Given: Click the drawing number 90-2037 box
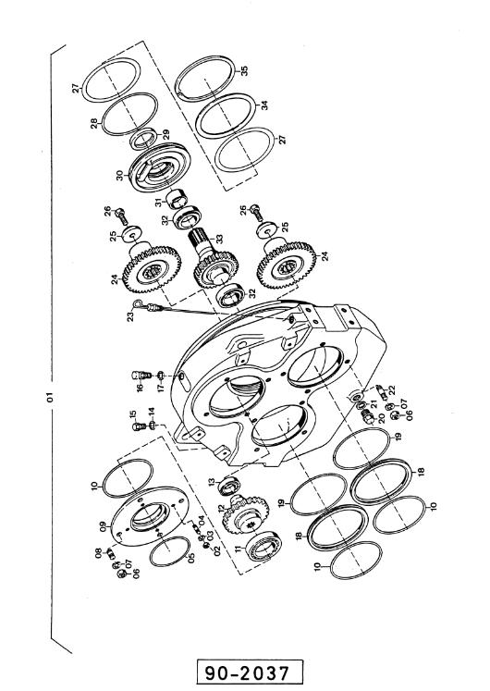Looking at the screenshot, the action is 250,672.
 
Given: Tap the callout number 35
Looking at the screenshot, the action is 244,70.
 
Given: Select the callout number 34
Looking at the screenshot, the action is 263,105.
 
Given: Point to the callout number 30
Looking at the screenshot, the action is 120,176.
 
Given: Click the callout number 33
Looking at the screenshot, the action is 219,239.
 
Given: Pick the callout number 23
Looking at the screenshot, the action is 130,316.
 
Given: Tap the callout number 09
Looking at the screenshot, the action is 103,527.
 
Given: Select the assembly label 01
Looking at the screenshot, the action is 50,397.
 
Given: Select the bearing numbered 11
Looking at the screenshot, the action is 264,547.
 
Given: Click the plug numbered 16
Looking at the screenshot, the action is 141,376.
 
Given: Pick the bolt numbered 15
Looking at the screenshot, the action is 139,426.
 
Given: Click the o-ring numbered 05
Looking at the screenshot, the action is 170,551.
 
